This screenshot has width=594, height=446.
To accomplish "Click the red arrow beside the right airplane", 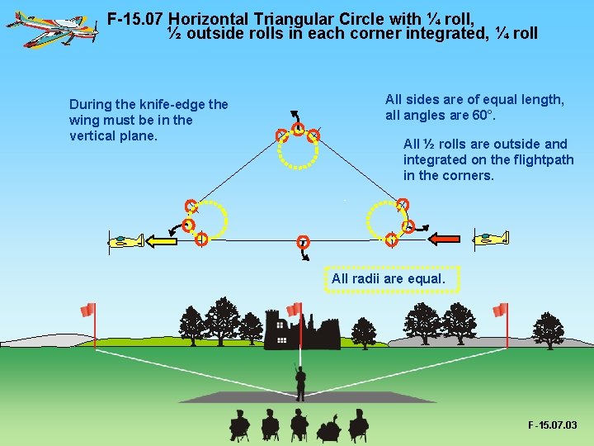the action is click(445, 239).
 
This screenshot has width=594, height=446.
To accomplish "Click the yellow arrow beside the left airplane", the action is click(163, 241).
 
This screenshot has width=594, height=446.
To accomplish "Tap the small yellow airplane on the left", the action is click(126, 241).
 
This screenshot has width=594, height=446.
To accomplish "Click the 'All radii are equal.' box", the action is click(389, 279).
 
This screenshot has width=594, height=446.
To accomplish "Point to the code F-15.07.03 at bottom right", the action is click(552, 425).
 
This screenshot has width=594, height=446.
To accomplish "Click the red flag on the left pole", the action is click(87, 311).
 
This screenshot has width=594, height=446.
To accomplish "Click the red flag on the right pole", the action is click(500, 310).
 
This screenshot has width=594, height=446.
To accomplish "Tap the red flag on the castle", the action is click(293, 309).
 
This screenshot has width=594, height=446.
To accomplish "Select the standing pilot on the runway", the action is click(300, 382).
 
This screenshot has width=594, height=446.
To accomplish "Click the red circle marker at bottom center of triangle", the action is click(303, 241).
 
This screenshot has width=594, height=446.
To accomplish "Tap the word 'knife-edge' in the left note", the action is click(175, 104).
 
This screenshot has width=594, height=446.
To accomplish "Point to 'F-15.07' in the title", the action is click(130, 17).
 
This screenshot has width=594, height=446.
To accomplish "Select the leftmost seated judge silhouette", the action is click(239, 425).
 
